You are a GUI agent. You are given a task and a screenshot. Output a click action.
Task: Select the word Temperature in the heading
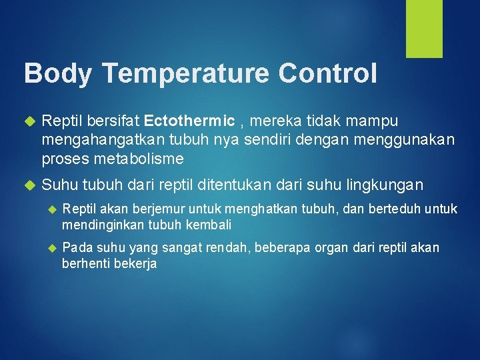(189, 73)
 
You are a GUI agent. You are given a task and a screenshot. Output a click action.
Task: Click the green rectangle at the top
(425, 29)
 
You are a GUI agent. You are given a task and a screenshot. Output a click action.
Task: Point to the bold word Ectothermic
(189, 121)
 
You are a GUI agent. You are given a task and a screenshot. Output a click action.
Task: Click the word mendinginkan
(104, 225)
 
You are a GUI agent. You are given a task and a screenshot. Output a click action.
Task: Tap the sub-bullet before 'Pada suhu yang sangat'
(52, 249)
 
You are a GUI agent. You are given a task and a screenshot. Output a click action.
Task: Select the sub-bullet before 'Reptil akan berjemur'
(52, 210)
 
